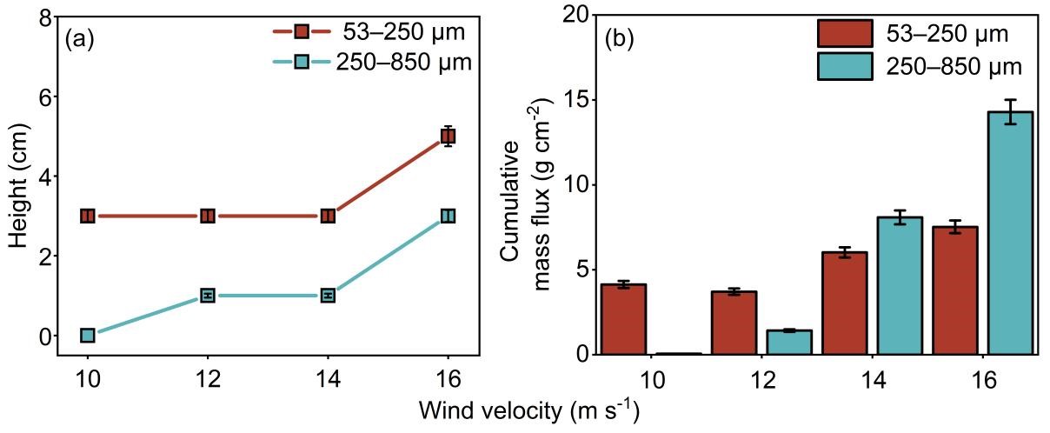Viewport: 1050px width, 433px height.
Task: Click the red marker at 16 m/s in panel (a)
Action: coord(449,136)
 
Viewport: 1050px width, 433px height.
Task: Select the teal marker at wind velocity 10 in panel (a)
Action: coord(88,336)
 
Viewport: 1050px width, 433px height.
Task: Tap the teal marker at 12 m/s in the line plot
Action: coord(208,296)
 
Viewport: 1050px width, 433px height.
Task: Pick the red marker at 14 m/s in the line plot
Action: coord(328,216)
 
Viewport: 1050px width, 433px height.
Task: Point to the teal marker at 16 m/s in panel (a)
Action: coord(449,216)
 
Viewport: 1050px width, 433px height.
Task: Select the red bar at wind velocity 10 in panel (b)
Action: coord(622,319)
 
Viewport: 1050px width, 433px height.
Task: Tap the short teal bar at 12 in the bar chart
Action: coord(789,343)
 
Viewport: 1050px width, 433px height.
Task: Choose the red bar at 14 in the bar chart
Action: coord(845,303)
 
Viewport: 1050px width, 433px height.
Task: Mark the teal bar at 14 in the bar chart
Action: coord(900,286)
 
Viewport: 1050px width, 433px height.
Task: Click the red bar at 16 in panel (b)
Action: coord(955,290)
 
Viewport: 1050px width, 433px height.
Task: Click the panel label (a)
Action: coord(80,39)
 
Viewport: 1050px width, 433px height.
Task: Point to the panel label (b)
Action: coord(620,39)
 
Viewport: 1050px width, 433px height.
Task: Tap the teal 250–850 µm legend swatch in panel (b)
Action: coord(845,66)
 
